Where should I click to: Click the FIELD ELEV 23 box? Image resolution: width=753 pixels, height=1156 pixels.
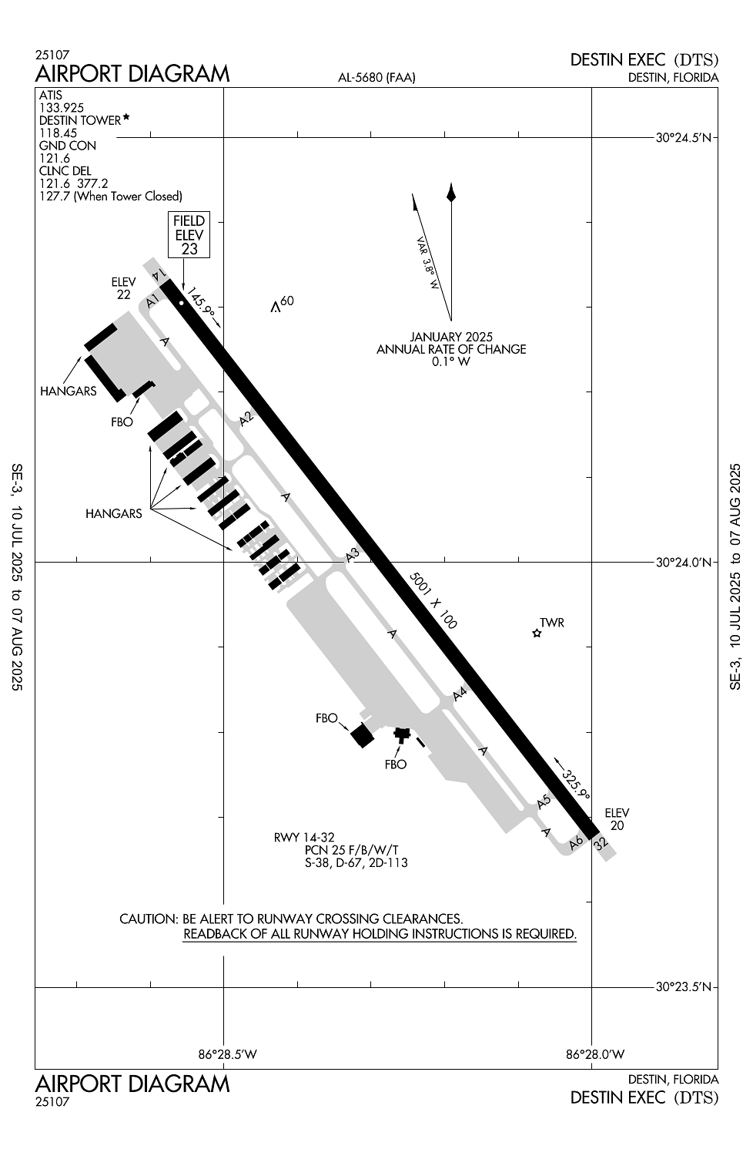(189, 234)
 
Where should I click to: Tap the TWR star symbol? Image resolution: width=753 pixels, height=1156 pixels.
(537, 633)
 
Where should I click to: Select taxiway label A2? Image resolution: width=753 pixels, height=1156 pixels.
(247, 418)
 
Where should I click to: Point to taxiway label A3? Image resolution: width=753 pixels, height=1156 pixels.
(353, 556)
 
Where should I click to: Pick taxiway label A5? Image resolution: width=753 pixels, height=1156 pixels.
(544, 801)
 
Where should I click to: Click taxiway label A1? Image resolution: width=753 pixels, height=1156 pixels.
(152, 301)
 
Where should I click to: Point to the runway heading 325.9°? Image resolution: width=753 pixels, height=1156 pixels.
(576, 785)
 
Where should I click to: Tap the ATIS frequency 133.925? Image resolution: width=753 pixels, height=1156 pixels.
(62, 108)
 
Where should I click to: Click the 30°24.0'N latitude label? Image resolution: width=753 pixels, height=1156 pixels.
(684, 562)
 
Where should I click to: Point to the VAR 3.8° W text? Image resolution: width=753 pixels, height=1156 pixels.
(427, 264)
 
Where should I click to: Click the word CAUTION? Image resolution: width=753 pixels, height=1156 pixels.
(149, 919)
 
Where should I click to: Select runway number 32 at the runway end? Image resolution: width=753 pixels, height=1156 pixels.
(601, 844)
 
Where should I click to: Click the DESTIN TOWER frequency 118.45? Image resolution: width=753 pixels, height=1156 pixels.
(59, 133)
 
